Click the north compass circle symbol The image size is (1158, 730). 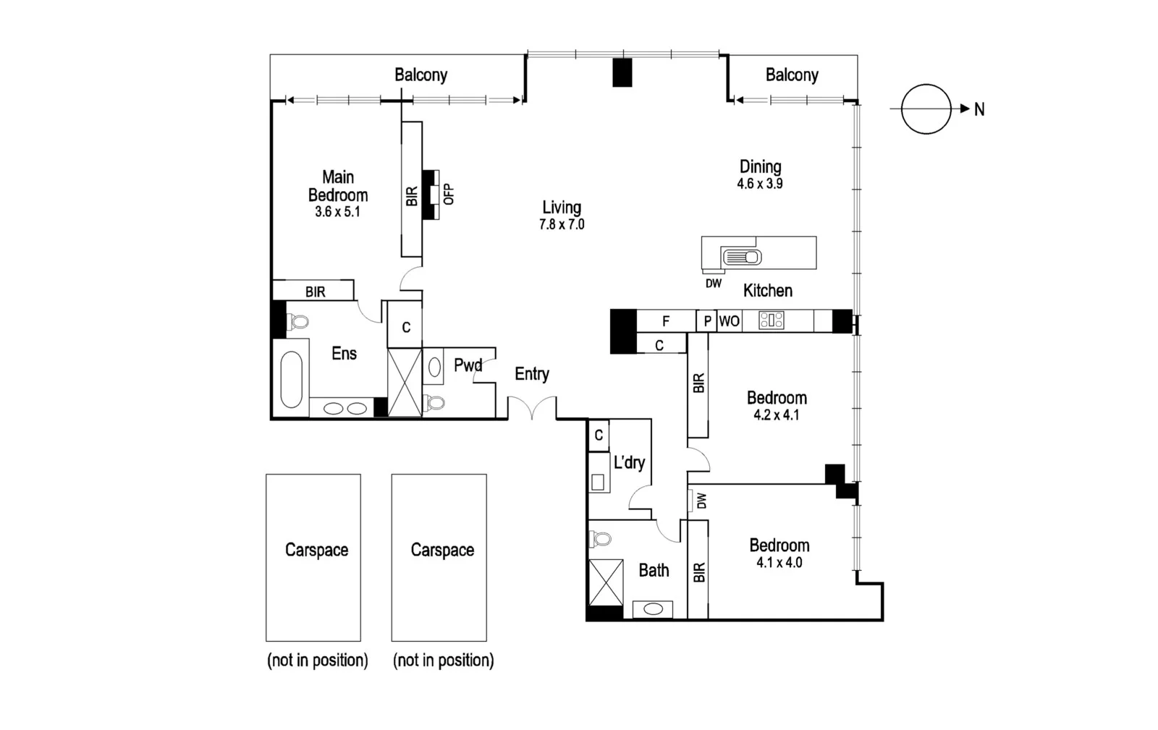click(926, 109)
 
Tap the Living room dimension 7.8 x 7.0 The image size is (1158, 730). click(562, 225)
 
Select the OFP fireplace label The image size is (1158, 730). click(449, 194)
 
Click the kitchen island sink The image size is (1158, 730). click(741, 256)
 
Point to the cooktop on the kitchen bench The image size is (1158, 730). click(771, 321)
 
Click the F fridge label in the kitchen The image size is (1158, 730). click(666, 321)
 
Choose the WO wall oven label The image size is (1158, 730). click(729, 321)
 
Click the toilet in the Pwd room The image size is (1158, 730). click(435, 402)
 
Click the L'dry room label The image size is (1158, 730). click(629, 462)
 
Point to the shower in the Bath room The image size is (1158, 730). click(605, 582)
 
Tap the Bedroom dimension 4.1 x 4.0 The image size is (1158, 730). click(779, 563)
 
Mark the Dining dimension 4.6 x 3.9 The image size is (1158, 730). click(760, 184)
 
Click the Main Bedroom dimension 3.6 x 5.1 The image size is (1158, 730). click(337, 212)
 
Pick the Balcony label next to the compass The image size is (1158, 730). click(792, 75)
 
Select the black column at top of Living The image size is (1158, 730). click(622, 72)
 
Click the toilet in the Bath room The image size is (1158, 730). click(600, 539)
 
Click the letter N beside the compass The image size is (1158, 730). click(979, 109)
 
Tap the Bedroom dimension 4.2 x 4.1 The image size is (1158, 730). click(776, 415)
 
